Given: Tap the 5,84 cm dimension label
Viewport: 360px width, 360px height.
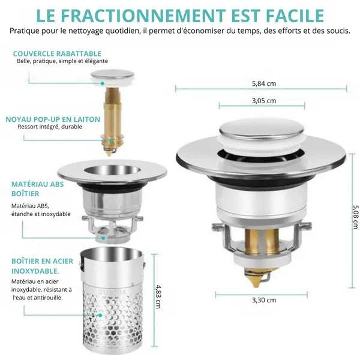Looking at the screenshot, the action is pyautogui.click(x=264, y=83).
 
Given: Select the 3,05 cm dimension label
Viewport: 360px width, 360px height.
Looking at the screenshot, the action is pyautogui.click(x=264, y=101).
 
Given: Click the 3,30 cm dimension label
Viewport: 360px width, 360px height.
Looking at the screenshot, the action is pyautogui.click(x=264, y=300).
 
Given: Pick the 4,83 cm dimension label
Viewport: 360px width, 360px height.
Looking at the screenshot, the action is pyautogui.click(x=158, y=297).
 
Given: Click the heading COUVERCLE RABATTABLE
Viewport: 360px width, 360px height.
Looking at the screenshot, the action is pyautogui.click(x=57, y=54).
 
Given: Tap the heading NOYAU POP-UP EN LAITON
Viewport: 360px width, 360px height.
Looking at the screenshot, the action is pyautogui.click(x=53, y=119).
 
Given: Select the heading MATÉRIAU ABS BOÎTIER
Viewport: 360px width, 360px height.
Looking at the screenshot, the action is pyautogui.click(x=38, y=189).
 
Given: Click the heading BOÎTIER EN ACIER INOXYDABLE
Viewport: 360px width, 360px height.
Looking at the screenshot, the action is pyautogui.click(x=42, y=266).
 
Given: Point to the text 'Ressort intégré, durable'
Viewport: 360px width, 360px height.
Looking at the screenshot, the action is pyautogui.click(x=50, y=127).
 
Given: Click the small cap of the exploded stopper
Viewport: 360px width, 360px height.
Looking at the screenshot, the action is pyautogui.click(x=112, y=77).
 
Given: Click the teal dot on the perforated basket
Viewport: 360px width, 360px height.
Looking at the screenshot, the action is pyautogui.click(x=100, y=315).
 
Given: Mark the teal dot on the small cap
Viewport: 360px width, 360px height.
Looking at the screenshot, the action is pyautogui.click(x=103, y=83).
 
